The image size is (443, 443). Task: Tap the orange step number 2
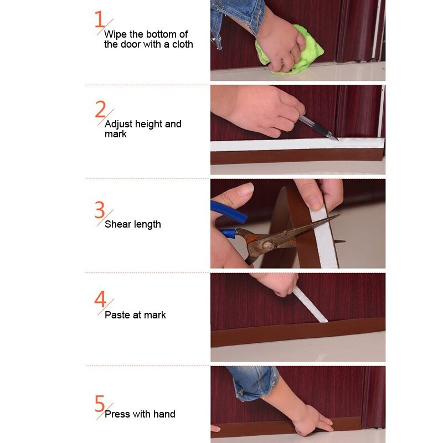(x=100, y=109)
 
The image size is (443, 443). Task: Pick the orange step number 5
(x=100, y=403)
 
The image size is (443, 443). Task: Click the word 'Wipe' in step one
(x=115, y=34)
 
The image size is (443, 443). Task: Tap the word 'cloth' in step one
(x=182, y=44)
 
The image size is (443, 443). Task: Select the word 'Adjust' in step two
(x=118, y=124)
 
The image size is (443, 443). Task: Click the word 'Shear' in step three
(x=117, y=224)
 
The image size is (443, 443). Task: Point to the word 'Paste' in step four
(x=117, y=315)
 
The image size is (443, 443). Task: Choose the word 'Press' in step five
(x=117, y=414)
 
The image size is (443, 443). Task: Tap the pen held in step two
(x=318, y=127)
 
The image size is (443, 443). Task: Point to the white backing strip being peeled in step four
(x=310, y=305)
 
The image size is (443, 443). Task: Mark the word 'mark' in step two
(x=116, y=134)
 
